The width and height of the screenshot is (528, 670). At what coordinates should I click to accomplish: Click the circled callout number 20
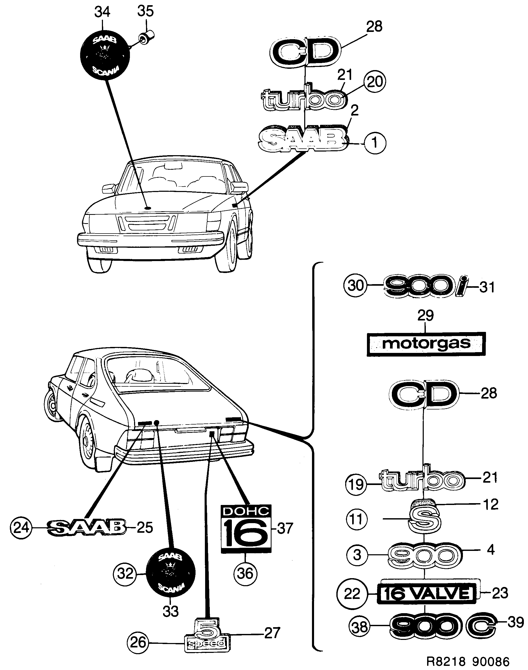pos(375,82)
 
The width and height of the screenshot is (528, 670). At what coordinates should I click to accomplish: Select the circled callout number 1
pos(375,143)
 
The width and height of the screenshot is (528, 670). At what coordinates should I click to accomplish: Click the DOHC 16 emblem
pos(246,529)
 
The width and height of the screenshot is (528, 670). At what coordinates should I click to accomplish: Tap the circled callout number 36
pos(245,574)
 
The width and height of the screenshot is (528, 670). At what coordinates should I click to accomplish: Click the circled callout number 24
pos(21,527)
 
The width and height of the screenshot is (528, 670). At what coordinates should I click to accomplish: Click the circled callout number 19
pos(356,484)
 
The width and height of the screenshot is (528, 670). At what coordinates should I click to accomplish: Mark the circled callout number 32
pos(125,574)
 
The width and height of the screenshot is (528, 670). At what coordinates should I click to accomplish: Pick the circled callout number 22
pos(352,594)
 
